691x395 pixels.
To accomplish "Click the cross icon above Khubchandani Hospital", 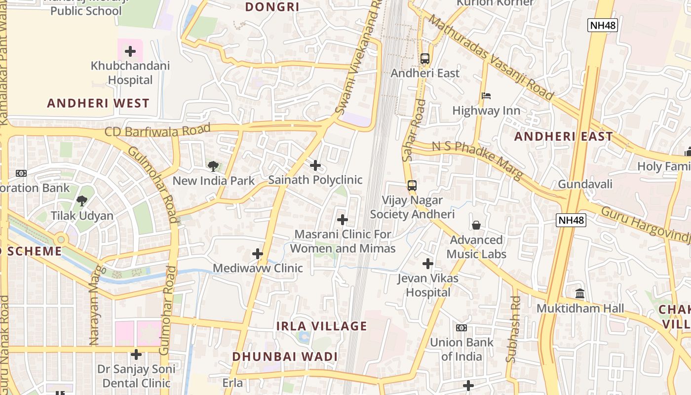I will click(130, 51).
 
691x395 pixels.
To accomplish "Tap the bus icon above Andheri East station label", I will click(425, 58).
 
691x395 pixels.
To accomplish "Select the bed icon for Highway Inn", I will click(486, 96).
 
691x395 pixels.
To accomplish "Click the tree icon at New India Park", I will click(213, 166).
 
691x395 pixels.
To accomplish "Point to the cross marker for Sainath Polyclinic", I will click(315, 165).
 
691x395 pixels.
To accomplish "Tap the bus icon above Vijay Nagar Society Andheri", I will click(412, 186).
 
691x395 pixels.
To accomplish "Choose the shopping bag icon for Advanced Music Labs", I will click(476, 225).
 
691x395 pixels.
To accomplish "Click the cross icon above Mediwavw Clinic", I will click(258, 254).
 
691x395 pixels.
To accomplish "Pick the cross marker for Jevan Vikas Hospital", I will click(428, 264).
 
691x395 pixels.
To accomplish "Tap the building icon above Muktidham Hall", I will click(580, 294).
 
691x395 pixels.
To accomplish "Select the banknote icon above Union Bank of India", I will click(461, 327).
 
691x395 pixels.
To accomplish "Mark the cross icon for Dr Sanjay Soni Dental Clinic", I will click(136, 355).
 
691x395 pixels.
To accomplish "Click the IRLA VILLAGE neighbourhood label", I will click(321, 326).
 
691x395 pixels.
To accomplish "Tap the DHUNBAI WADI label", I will click(285, 356).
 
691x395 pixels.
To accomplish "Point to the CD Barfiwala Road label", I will click(157, 131).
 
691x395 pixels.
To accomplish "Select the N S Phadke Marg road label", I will click(477, 160).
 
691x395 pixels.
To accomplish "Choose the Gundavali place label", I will click(585, 184).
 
